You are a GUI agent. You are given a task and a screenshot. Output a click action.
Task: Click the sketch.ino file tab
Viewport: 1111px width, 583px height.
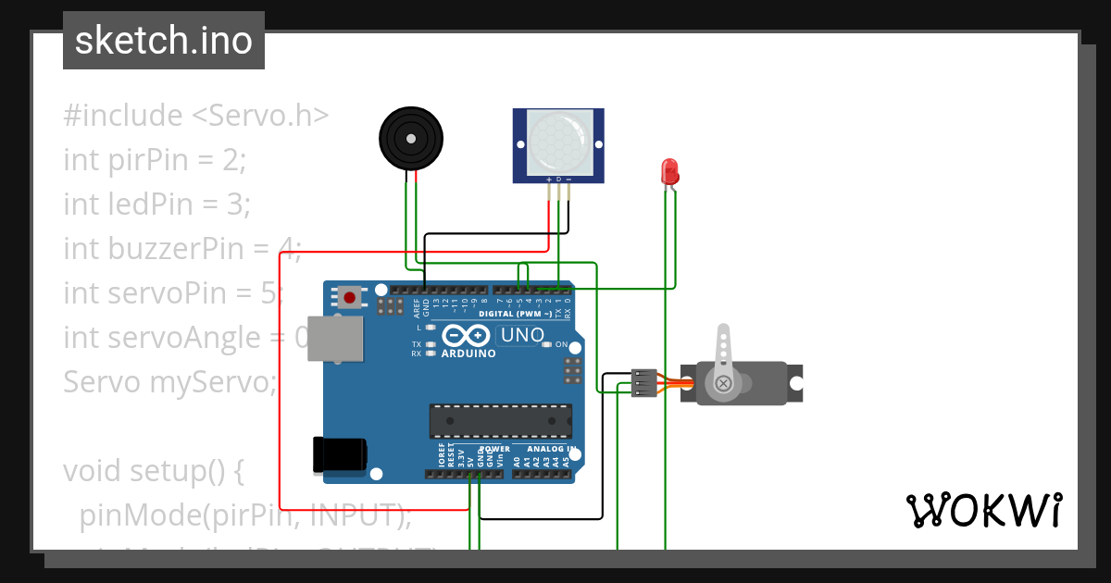[164, 41]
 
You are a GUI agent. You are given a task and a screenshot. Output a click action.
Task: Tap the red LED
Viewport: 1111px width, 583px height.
[669, 171]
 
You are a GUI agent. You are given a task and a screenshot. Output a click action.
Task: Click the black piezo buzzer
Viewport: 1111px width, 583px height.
[411, 139]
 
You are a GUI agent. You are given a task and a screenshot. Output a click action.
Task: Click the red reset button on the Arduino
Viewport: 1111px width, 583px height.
[350, 297]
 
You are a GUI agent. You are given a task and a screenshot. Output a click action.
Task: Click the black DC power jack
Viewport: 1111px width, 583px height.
[340, 453]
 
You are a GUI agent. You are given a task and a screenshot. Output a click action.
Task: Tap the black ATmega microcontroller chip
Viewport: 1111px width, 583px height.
[500, 420]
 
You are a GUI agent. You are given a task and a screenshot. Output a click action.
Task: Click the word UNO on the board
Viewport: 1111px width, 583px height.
[524, 335]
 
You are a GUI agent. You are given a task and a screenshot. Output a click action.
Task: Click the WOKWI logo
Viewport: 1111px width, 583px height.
[983, 510]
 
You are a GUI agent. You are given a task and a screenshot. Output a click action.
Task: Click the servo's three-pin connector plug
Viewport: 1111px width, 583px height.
[643, 383]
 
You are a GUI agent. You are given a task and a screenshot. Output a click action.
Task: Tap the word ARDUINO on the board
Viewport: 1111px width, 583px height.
[468, 354]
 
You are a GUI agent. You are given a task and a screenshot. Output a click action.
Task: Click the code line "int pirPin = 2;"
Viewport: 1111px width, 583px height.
[155, 160]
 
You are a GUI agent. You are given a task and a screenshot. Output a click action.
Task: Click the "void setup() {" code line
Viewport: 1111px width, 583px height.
[153, 471]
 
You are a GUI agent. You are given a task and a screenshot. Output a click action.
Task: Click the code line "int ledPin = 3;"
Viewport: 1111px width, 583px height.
[156, 204]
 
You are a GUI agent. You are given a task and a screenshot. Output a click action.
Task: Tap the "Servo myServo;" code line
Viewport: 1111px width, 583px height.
[169, 381]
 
